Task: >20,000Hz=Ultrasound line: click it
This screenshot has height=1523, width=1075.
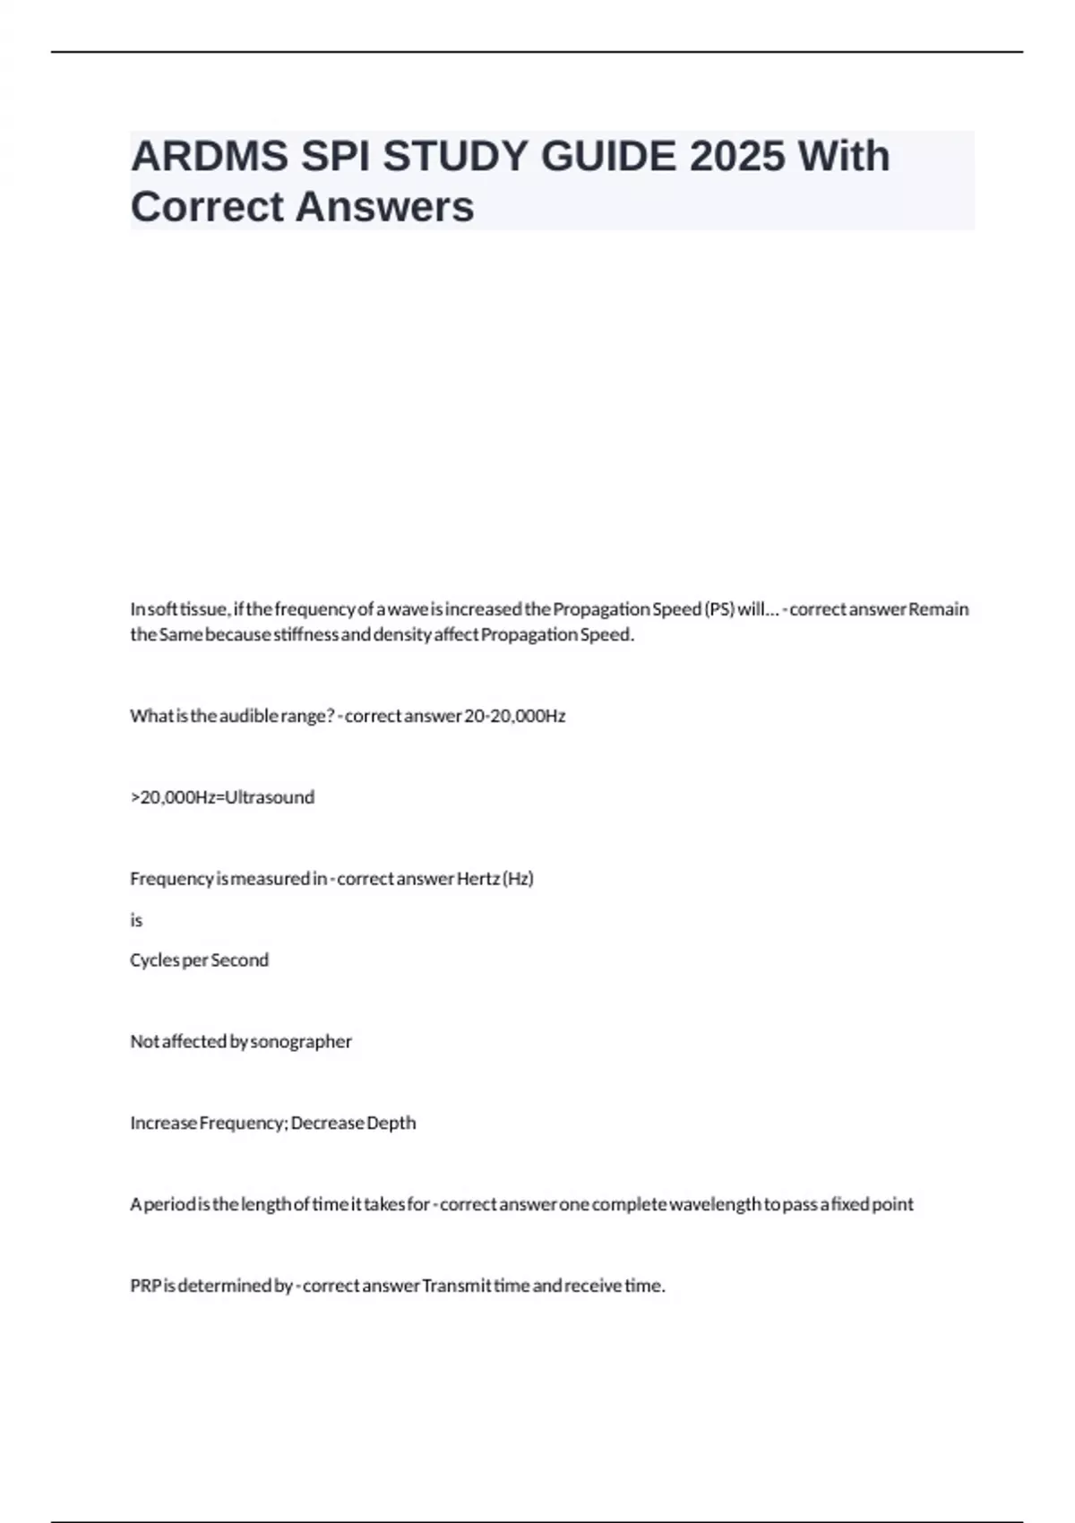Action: [x=222, y=797]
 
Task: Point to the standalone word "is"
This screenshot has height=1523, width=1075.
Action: [x=136, y=920]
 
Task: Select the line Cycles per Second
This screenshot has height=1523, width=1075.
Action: [x=199, y=960]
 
